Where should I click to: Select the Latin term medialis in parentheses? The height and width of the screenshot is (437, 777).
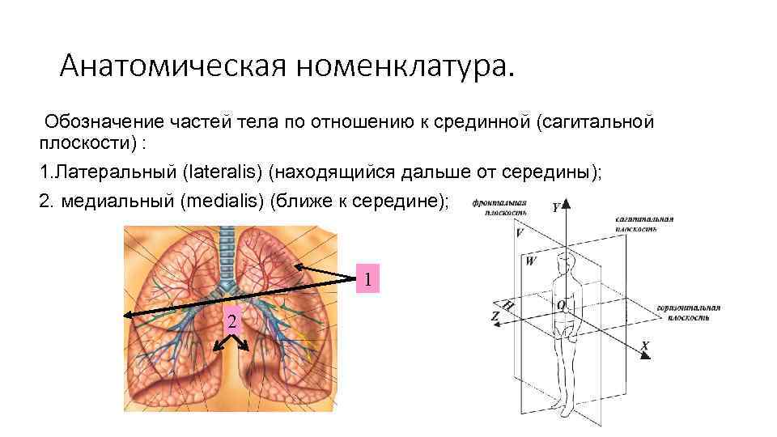227,201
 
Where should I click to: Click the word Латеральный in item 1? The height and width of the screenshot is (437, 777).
113,172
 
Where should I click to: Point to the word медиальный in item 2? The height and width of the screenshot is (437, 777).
113,201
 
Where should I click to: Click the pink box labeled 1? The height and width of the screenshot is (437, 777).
368,280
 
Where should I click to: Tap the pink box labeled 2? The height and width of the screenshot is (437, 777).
232,322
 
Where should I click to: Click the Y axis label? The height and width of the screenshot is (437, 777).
556,206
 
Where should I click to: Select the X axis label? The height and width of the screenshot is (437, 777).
645,346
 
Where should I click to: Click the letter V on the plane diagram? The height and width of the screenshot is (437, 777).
519,232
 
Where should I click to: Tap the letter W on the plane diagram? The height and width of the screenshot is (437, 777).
530,261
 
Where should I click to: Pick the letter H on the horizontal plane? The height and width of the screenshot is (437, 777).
508,306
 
